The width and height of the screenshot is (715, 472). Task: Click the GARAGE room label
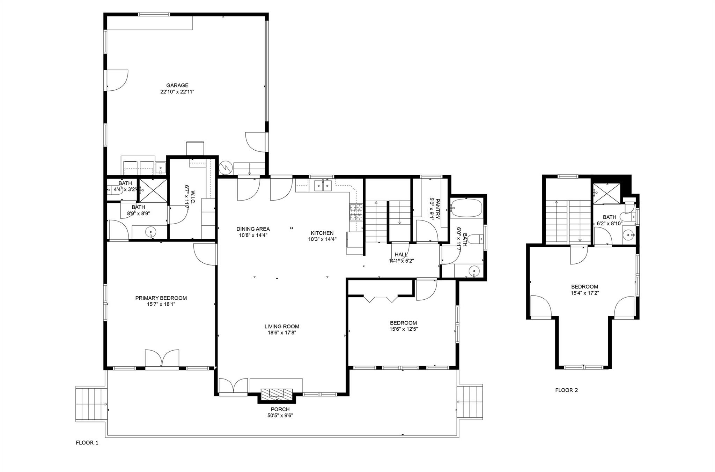click(177, 85)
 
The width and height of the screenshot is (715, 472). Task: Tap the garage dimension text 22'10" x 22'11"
click(177, 92)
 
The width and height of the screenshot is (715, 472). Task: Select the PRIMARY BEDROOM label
click(161, 298)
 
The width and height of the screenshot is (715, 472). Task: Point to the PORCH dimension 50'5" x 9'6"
click(280, 415)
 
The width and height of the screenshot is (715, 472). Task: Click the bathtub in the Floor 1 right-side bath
click(466, 208)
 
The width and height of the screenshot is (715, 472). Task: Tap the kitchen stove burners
click(356, 213)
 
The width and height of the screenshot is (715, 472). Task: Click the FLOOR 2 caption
click(566, 390)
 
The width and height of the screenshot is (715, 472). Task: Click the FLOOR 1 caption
click(87, 443)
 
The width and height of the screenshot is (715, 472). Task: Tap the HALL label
click(401, 255)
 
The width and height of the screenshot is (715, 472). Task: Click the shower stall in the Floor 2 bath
click(607, 193)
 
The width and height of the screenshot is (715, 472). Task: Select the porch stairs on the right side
click(471, 402)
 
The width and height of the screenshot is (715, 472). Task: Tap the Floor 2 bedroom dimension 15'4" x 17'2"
click(585, 293)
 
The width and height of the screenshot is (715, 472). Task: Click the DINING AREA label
click(253, 229)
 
